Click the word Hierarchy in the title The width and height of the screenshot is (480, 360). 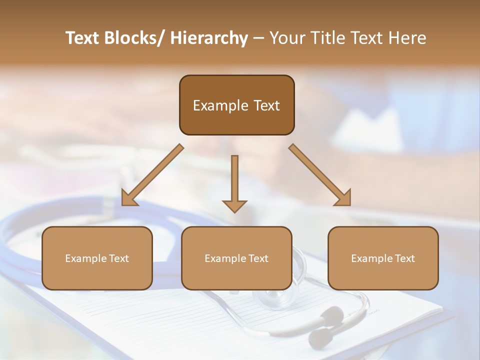[209, 38]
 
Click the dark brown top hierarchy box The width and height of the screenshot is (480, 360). [236, 105]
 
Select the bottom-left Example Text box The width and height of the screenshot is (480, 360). [97, 258]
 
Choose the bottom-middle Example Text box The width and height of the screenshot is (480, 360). [236, 258]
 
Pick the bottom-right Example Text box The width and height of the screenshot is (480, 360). [383, 258]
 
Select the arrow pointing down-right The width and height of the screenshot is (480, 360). [320, 175]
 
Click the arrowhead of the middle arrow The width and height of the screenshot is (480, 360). [234, 205]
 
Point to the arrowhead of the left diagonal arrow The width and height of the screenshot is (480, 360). [129, 198]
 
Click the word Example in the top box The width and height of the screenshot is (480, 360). [220, 105]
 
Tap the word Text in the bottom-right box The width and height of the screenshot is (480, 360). [404, 258]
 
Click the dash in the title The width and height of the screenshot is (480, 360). [258, 38]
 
